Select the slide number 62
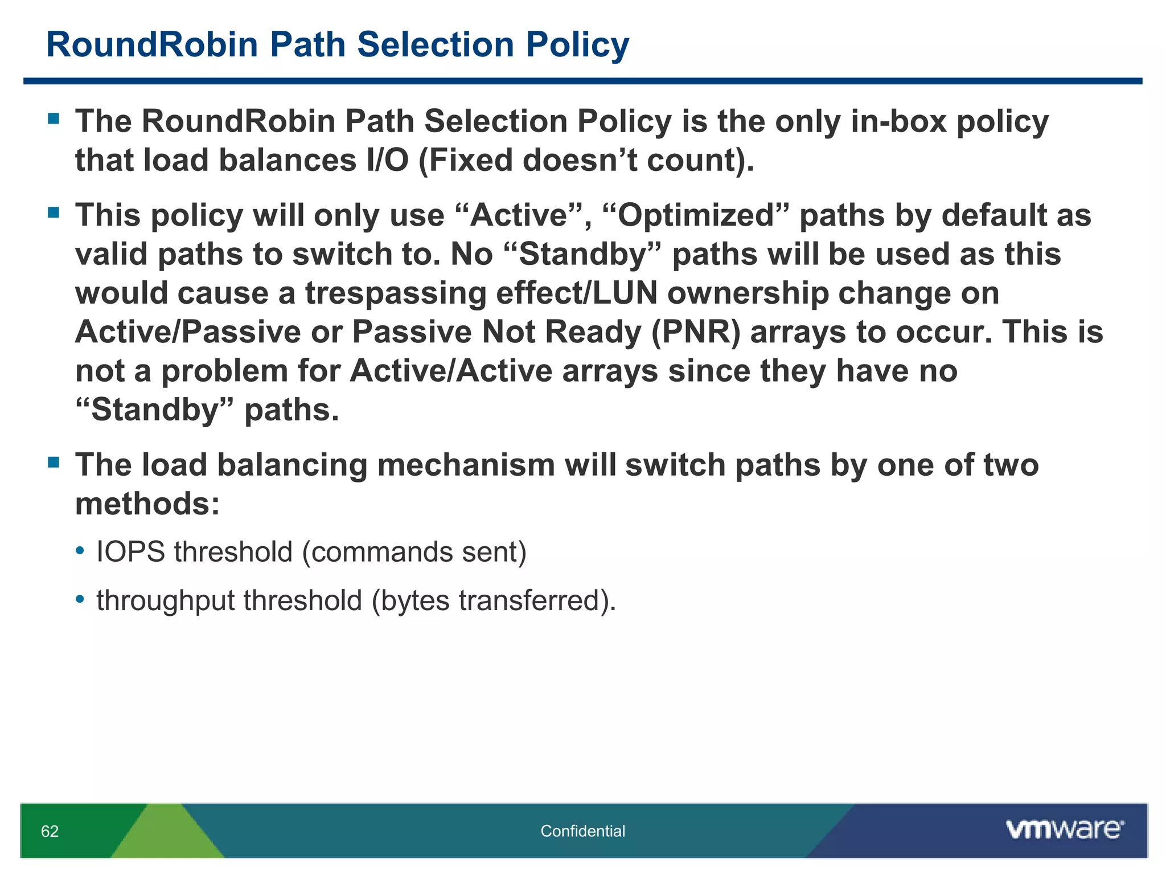(x=50, y=832)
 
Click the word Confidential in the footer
(x=582, y=831)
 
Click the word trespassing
(x=396, y=293)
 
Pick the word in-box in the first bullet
(x=898, y=121)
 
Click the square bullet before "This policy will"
(x=54, y=213)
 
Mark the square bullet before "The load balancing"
(x=54, y=462)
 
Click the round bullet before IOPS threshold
(x=80, y=551)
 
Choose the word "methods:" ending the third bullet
(x=147, y=504)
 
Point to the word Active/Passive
(x=188, y=332)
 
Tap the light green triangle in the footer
(x=167, y=835)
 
